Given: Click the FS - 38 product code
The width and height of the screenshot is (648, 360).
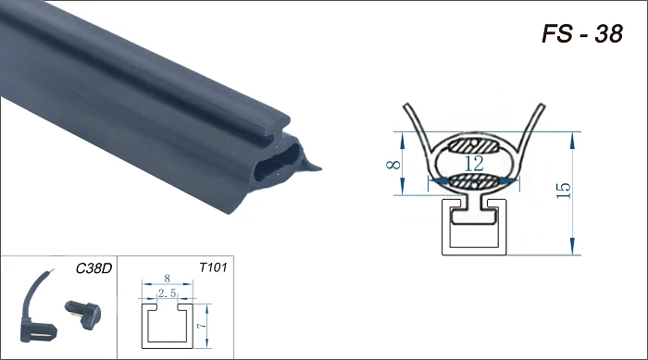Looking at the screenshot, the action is (582, 34).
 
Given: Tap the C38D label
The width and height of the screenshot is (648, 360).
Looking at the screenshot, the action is (93, 268).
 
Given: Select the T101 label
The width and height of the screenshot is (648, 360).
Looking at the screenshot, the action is (213, 267).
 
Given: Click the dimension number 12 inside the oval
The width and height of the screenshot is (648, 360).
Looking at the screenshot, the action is (474, 164).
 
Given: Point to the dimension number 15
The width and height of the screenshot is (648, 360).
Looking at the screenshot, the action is (564, 191).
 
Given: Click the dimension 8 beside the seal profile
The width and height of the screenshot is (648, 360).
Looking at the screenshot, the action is (393, 165).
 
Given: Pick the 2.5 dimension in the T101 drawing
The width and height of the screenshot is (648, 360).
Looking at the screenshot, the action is (168, 293).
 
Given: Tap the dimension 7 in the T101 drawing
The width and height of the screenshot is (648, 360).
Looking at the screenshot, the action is (201, 326).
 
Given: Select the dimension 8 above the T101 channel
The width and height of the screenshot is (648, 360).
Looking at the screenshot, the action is (167, 279).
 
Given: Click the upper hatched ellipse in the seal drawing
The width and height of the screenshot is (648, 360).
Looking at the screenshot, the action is (474, 145).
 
